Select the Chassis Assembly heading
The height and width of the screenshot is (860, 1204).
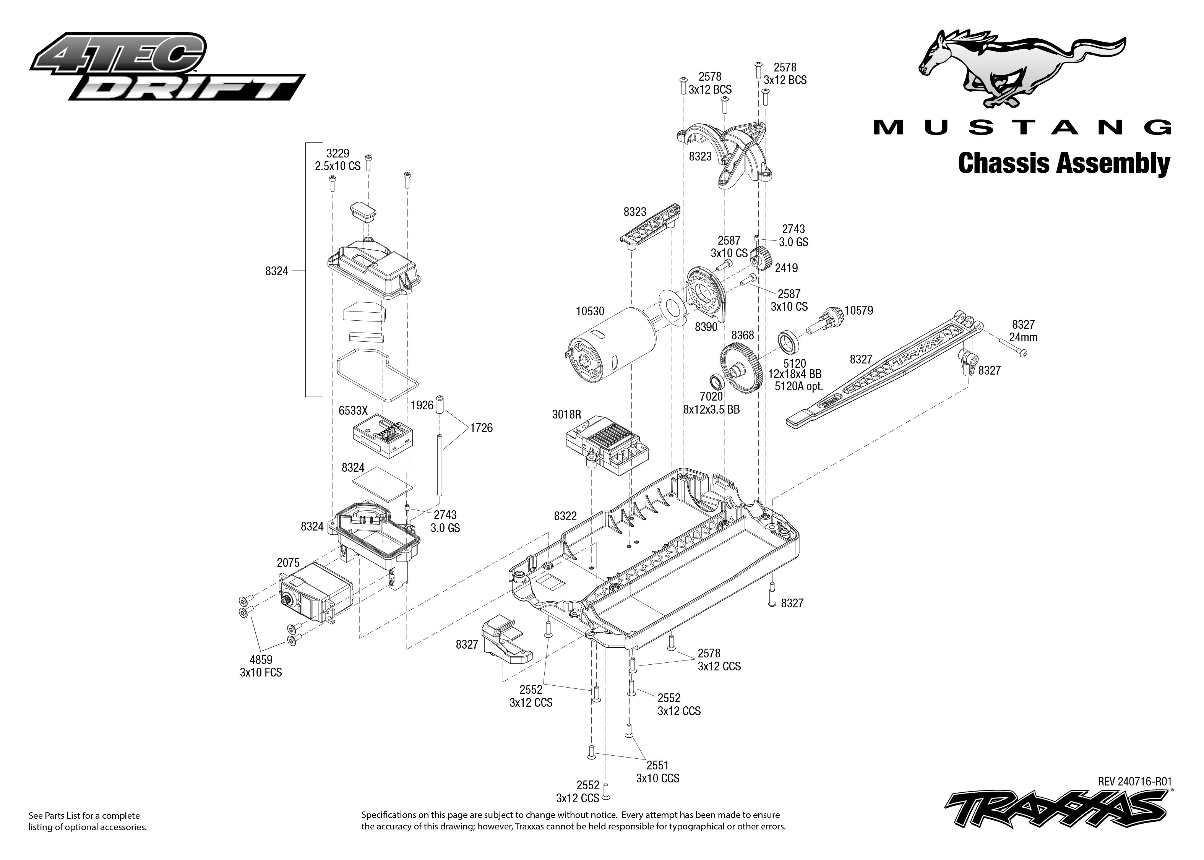(1064, 164)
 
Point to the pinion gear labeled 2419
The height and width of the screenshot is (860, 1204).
(761, 260)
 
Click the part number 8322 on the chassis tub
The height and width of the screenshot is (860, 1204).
(565, 516)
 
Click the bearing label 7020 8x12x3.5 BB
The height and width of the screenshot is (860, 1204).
(711, 403)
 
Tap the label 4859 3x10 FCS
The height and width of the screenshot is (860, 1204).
(261, 666)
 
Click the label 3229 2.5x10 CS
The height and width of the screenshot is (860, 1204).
(337, 159)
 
